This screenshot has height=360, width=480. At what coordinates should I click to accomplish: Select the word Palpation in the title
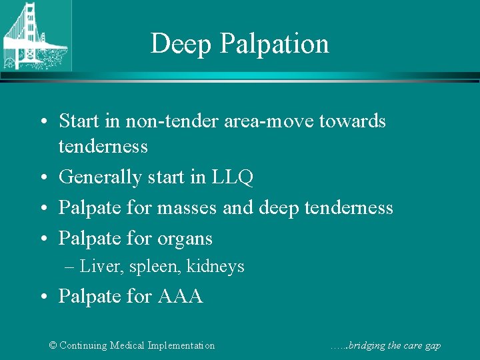[x=274, y=44]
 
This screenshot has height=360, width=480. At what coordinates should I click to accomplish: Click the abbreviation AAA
[x=180, y=296]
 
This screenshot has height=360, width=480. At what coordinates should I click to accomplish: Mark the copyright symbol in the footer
[x=53, y=345]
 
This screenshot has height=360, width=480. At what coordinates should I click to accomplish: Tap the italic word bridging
[x=364, y=345]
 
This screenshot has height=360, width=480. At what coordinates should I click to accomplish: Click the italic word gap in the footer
[x=433, y=346]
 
